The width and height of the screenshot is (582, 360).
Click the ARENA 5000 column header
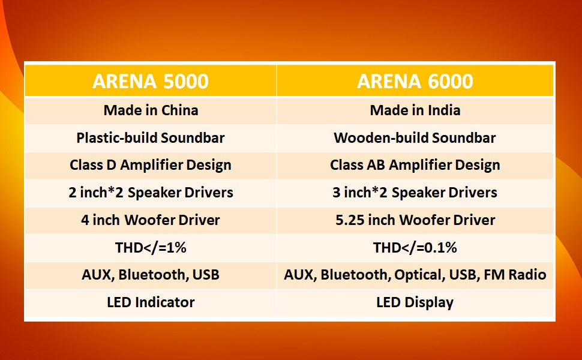pos(151,81)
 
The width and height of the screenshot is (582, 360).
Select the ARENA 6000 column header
pos(415,81)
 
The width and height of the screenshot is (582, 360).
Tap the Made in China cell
pos(151,110)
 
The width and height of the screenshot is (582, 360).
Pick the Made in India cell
pos(415,110)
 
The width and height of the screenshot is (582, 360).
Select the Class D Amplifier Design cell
pos(151,165)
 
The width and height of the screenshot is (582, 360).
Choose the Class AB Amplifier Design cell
pos(415,165)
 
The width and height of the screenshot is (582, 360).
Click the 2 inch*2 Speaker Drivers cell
pos(151,193)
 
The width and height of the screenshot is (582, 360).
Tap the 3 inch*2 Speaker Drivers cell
pos(415,193)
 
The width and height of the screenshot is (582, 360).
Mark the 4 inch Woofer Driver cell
pos(151,220)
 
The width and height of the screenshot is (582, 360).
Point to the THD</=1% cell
pos(151,248)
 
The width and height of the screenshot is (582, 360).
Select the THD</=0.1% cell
pos(415,248)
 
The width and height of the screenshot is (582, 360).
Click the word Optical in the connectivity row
pos(419,275)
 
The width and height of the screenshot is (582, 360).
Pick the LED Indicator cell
pos(151,302)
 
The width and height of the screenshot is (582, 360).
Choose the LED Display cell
pos(415,303)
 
